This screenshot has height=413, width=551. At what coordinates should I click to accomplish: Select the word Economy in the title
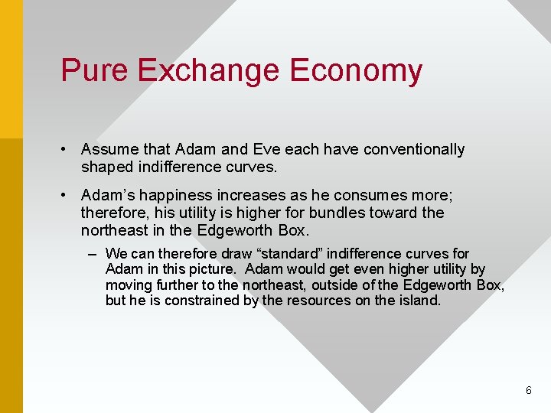point(356,71)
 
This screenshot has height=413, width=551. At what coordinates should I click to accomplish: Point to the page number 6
point(528,390)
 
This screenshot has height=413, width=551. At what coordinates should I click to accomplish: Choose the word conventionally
point(413,149)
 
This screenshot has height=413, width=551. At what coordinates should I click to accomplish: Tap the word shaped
point(107,167)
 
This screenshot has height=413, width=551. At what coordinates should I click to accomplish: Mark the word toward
point(393,212)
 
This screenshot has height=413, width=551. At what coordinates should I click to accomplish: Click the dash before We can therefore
point(93,253)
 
